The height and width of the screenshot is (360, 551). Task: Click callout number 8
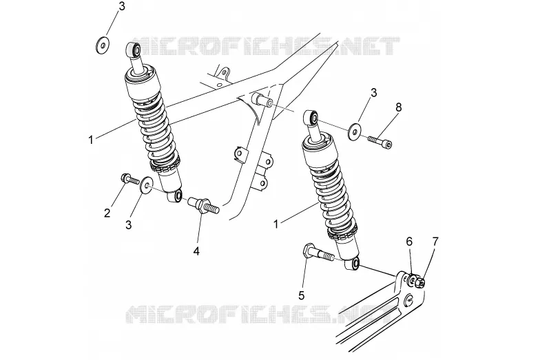[x=398, y=107]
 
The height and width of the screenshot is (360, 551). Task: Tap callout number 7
[x=435, y=242]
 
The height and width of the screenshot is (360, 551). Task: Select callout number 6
[x=409, y=242]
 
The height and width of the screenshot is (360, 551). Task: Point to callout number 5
[x=301, y=295]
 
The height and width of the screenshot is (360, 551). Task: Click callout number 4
[x=196, y=251]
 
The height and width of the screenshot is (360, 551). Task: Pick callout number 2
[x=107, y=213]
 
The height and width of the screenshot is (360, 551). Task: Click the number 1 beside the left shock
[x=91, y=140]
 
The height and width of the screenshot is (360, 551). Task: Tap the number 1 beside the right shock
[x=276, y=224]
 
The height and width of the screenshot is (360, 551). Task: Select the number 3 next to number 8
[x=373, y=93]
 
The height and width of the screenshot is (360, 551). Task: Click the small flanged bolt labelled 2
[x=130, y=180]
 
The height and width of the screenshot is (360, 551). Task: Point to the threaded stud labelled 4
[x=203, y=205]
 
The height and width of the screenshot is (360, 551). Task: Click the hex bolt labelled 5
[x=317, y=253]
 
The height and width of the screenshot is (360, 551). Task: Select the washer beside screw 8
[x=355, y=131]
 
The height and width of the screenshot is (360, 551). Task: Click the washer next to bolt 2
[x=146, y=184]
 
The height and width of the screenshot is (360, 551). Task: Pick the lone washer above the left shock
[x=102, y=44]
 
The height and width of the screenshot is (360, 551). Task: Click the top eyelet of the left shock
[x=134, y=50]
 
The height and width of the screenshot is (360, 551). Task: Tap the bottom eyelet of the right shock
[x=352, y=264]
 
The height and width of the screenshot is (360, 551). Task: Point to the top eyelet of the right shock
[x=311, y=117]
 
